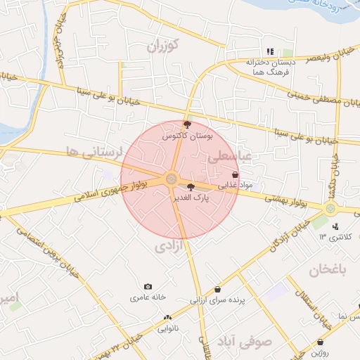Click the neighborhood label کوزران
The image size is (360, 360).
coord(164,46)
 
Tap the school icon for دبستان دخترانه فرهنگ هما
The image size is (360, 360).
coord(270,51)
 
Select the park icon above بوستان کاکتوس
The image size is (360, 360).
coord(186,124)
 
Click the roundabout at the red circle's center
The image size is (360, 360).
coord(172,179)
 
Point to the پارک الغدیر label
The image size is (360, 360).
coord(192,199)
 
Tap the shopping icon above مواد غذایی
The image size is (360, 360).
coord(235,175)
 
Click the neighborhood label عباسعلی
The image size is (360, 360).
coord(229,158)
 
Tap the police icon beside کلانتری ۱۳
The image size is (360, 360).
coord(336,226)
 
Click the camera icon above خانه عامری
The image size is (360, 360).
coord(148,286)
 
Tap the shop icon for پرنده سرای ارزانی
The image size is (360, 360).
coord(217,289)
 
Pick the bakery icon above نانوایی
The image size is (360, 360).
coord(167,318)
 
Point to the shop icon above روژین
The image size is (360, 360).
coord(321,342)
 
